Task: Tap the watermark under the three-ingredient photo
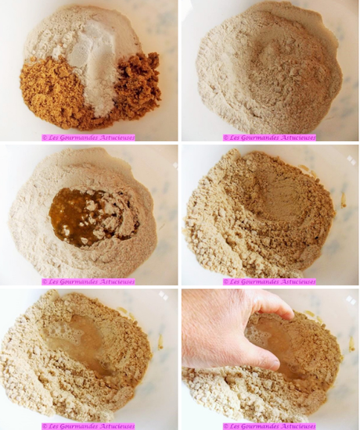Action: [x=88, y=137]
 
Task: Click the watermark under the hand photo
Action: [x=269, y=426]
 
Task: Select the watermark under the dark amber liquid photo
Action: [x=88, y=281]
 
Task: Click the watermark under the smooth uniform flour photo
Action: [x=269, y=137]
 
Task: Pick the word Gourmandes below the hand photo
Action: [x=259, y=426]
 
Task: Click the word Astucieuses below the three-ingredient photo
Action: [x=114, y=137]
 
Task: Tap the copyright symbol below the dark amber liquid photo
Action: [x=45, y=281]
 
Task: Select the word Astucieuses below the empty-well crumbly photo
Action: [x=296, y=281]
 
